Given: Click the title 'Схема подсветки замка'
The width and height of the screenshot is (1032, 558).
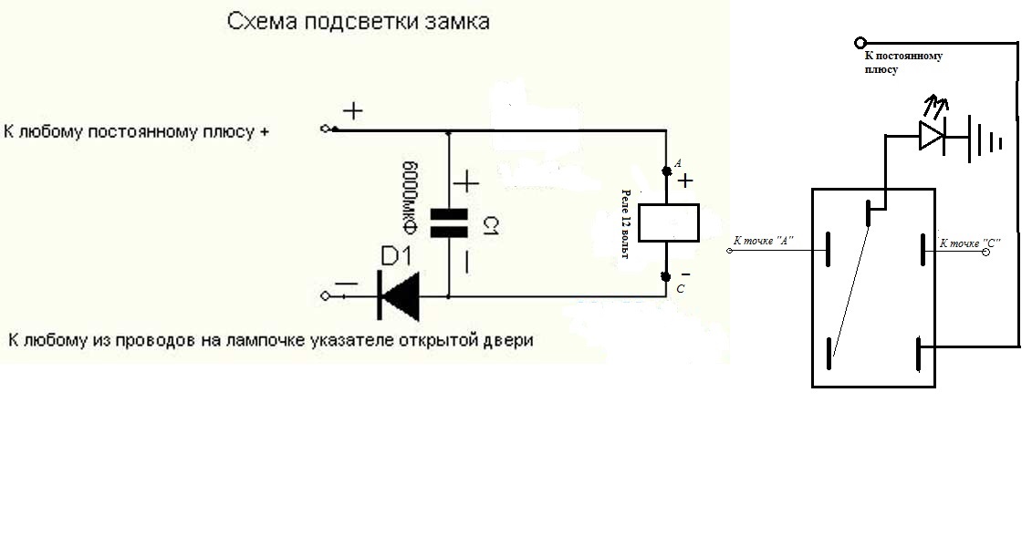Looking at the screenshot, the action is click(358, 22).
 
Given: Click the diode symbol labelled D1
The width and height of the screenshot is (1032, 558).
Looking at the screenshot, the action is click(399, 296).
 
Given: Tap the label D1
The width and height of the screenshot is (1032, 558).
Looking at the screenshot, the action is click(396, 256).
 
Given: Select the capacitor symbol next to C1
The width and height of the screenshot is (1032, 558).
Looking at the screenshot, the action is click(449, 223).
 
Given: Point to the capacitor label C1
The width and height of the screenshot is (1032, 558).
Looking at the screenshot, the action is click(491, 226).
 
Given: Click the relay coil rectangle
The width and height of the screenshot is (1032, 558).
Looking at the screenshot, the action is click(669, 223).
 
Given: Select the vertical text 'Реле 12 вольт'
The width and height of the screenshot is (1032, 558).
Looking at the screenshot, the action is click(626, 223).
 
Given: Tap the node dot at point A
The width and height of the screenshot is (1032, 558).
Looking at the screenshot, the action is click(667, 171).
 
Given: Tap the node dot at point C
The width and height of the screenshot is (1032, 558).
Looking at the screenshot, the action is click(666, 277).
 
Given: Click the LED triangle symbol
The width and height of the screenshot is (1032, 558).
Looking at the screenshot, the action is click(932, 136).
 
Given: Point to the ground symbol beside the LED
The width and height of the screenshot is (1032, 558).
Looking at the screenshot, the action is click(985, 139).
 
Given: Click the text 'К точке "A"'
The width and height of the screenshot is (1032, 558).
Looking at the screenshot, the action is click(764, 241).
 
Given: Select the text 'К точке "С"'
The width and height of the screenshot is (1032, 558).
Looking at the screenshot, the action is click(970, 243).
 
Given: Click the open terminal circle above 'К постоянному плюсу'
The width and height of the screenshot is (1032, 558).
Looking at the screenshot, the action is click(860, 44).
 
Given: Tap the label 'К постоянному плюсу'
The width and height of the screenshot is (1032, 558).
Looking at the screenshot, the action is click(903, 63).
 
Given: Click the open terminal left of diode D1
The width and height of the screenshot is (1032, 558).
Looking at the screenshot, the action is click(325, 296).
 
